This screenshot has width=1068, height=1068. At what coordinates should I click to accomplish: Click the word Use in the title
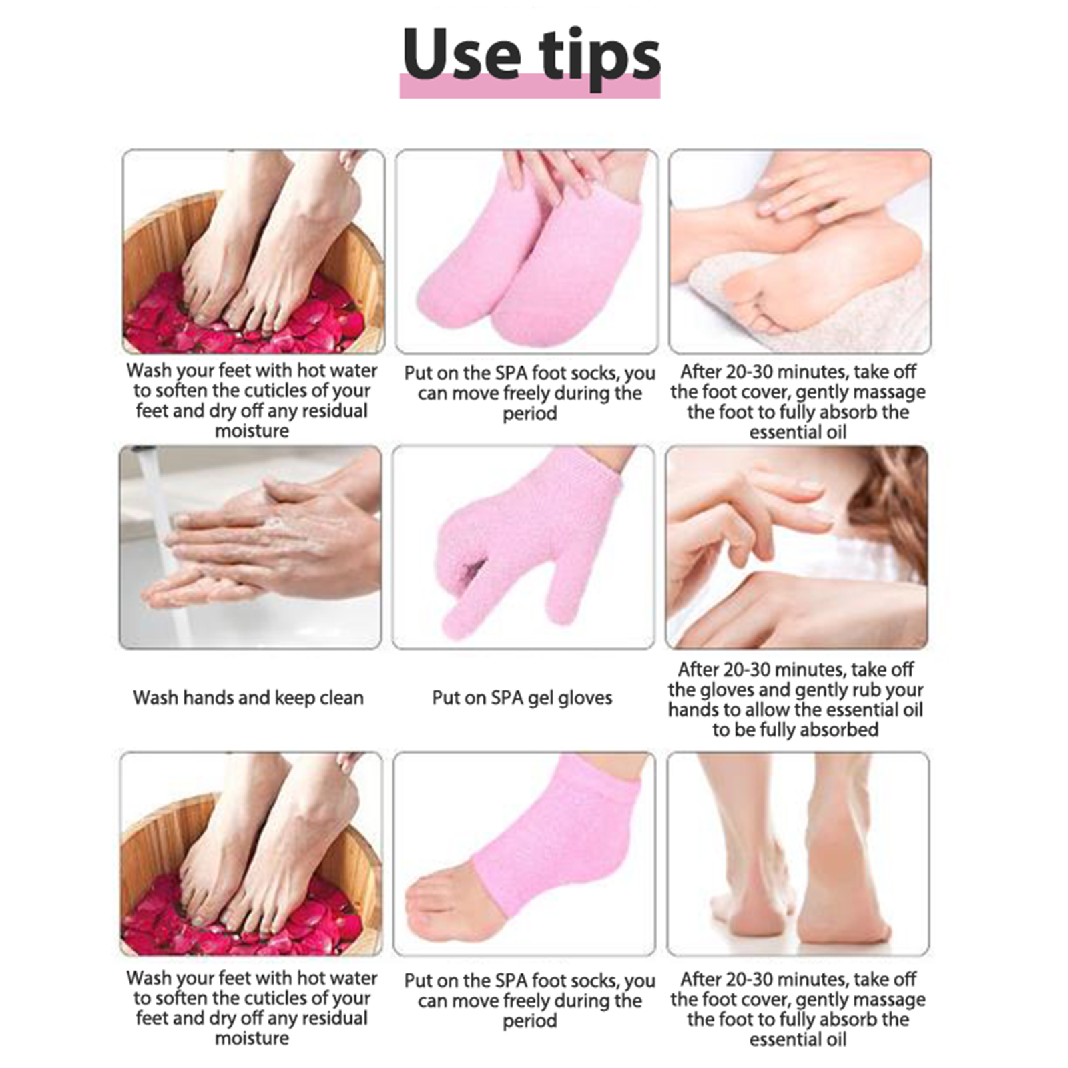[461, 55]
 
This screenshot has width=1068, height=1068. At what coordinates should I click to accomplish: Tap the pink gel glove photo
[524, 547]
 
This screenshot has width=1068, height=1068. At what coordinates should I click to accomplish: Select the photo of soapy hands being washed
[250, 547]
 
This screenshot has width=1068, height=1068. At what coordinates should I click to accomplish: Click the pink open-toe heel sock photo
[525, 854]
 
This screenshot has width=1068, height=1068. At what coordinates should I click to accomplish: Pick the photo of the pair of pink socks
[527, 251]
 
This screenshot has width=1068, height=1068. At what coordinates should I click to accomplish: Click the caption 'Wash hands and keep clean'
[248, 698]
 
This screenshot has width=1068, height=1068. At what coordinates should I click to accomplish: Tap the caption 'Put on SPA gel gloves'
[522, 698]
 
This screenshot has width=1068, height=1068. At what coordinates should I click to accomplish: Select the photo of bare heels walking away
[798, 854]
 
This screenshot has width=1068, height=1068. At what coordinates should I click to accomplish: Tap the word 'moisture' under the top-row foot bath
[252, 431]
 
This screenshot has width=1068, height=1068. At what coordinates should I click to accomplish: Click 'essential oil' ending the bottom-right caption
[798, 1039]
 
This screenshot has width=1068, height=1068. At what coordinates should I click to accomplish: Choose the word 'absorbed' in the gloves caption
[838, 730]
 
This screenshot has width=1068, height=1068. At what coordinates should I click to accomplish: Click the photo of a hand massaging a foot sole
[800, 251]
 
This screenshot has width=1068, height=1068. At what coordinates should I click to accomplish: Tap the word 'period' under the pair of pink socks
[529, 413]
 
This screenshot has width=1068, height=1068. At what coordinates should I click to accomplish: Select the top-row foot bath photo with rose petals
[254, 251]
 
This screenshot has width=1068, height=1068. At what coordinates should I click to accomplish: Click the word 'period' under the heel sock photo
[529, 1021]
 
